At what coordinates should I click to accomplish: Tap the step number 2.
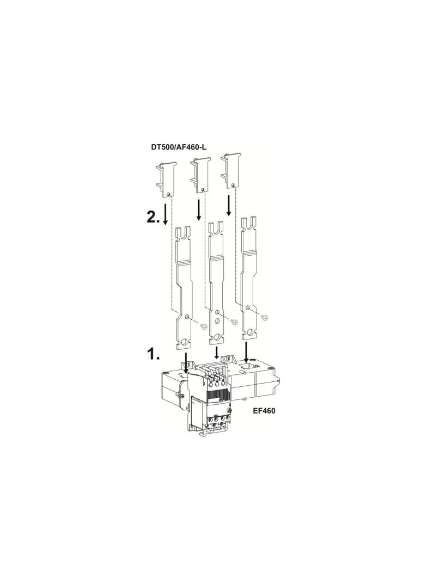coord(153,217)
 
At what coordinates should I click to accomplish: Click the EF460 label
coord(264,411)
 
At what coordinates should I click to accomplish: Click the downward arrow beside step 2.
coord(166,216)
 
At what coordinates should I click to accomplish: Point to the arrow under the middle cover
coord(199,209)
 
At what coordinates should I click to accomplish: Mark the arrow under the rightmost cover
coord(229,206)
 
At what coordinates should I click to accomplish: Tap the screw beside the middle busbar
coord(235,322)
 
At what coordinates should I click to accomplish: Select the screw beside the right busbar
coord(265,317)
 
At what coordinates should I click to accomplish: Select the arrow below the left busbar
coord(186,362)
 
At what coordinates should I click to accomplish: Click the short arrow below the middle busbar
coord(217,353)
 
